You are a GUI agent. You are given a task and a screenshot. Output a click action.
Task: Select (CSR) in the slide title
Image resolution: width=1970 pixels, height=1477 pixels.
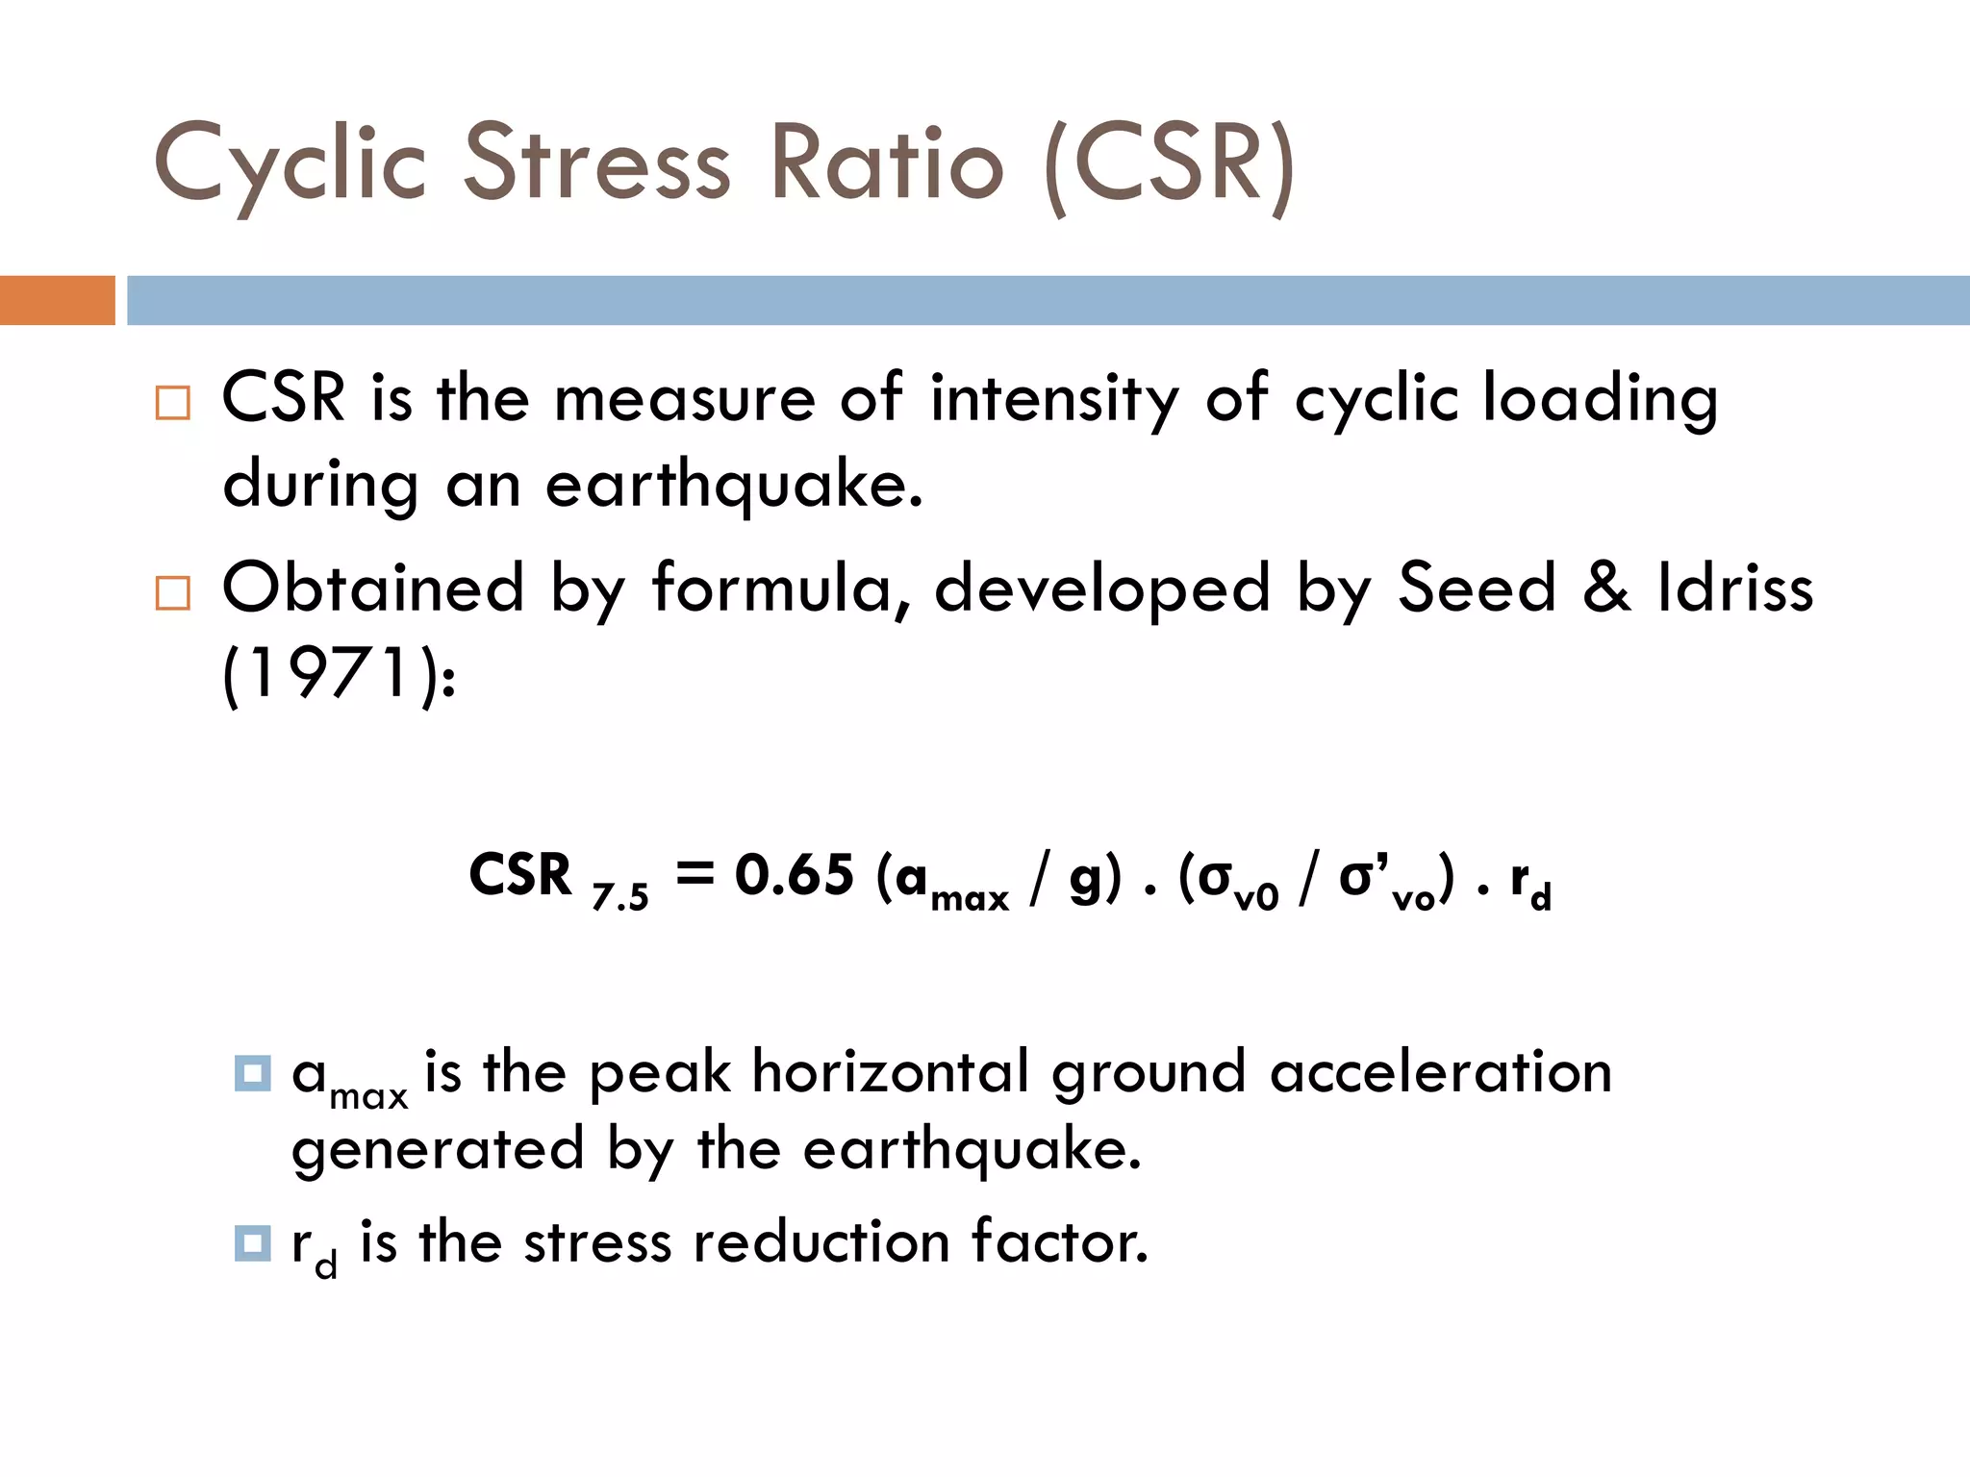click(x=1170, y=165)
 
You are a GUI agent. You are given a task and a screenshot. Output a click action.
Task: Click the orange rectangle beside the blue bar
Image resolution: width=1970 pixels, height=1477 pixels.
click(x=57, y=300)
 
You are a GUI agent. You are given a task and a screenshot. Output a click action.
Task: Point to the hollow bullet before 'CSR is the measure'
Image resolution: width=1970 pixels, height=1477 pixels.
click(x=173, y=402)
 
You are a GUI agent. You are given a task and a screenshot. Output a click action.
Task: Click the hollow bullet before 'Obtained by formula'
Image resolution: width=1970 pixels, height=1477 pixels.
click(x=173, y=592)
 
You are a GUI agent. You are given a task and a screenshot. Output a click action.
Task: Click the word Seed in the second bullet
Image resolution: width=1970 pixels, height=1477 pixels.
click(x=1476, y=588)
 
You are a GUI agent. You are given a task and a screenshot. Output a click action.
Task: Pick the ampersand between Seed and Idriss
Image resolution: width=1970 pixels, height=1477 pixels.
click(x=1606, y=588)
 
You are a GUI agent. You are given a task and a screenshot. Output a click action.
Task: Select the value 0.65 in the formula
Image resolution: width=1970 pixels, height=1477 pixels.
click(x=794, y=875)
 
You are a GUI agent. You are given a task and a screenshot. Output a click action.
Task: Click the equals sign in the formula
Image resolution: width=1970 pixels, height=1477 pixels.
click(x=695, y=873)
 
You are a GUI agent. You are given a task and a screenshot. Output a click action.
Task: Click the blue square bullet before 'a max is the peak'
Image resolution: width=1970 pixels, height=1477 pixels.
click(x=252, y=1073)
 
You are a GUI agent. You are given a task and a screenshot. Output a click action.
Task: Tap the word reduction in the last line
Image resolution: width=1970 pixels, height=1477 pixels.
click(x=821, y=1241)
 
